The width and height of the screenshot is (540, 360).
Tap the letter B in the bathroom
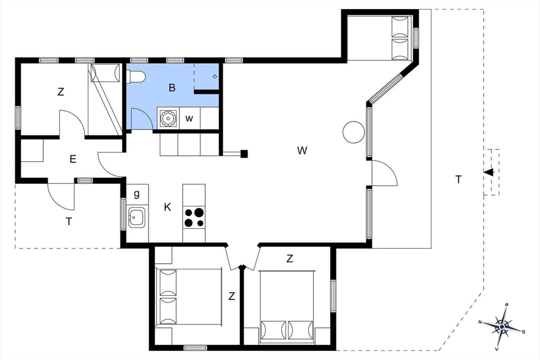click(x=172, y=87)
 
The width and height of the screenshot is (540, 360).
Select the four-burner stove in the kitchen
click(x=194, y=217)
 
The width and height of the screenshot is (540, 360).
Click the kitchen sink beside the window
click(x=137, y=217)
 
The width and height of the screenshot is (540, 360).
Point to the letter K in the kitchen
click(x=167, y=207)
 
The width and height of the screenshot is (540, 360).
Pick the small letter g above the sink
click(x=137, y=194)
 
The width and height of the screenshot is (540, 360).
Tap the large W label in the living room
click(x=303, y=150)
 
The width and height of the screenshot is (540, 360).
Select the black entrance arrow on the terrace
click(x=489, y=172)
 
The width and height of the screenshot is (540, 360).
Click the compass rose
click(x=502, y=326)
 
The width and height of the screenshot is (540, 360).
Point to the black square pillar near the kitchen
click(x=244, y=153)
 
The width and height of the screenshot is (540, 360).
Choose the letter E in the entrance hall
click(x=73, y=159)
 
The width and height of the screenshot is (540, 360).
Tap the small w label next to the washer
click(x=190, y=118)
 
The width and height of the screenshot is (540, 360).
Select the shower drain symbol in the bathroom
click(x=215, y=76)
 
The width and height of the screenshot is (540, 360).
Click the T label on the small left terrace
click(x=69, y=222)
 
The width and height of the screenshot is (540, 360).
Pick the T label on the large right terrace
click(x=458, y=179)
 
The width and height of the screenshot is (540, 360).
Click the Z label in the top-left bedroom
click(x=61, y=92)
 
